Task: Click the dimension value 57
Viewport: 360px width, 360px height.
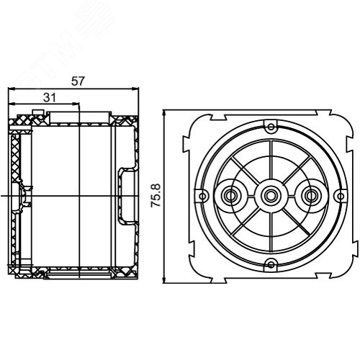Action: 78,81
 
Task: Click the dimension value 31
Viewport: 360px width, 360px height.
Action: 49,98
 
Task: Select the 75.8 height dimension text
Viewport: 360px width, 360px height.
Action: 156,195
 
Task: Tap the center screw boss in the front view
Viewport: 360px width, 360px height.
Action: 271,196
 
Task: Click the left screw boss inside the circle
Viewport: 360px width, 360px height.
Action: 230,196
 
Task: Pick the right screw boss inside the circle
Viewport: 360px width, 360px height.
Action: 311,196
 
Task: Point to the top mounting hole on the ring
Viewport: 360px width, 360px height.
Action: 271,127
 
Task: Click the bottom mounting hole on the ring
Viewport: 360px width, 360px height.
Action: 271,265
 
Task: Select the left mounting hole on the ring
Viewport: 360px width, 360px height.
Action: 203,196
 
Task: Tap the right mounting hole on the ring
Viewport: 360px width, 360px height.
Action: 341,196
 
